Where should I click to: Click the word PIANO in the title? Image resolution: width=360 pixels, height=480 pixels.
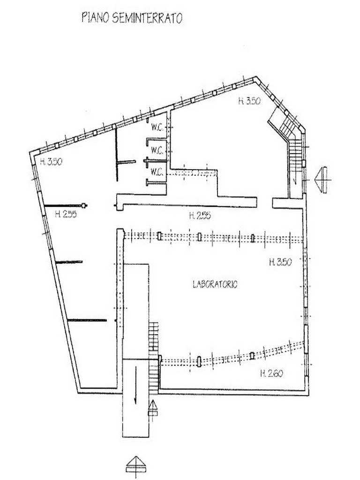pos(95,17)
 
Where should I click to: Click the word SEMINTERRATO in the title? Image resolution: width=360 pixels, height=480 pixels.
pos(147,18)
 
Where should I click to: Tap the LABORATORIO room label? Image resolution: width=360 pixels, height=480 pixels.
pos(215,285)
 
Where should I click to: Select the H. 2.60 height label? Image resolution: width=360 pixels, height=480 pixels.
pos(271,374)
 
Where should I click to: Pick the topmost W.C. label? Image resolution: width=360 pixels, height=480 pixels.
pos(157,127)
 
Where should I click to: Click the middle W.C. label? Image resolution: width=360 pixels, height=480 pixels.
pos(157,150)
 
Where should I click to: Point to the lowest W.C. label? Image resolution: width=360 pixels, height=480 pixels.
pos(157,172)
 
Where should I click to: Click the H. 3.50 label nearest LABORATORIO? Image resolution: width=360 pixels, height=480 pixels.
pos(280,262)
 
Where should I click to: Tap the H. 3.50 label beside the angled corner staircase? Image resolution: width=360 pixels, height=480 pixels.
pos(249,101)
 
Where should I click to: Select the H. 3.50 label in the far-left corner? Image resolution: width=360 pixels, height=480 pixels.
pos(51,161)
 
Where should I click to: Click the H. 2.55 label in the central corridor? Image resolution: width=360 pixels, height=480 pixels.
pos(200,216)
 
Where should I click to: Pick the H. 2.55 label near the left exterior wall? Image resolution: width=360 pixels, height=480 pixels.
pos(66,214)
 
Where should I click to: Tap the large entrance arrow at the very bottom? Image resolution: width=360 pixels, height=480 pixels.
pos(135,467)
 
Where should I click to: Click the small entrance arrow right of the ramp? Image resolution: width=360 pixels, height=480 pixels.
pos(153,408)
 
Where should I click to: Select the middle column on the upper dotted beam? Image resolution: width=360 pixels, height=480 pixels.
pos(200,237)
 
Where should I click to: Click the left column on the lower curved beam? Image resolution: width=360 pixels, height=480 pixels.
pos(199,361)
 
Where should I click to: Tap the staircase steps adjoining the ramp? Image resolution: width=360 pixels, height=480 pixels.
pos(154,357)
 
